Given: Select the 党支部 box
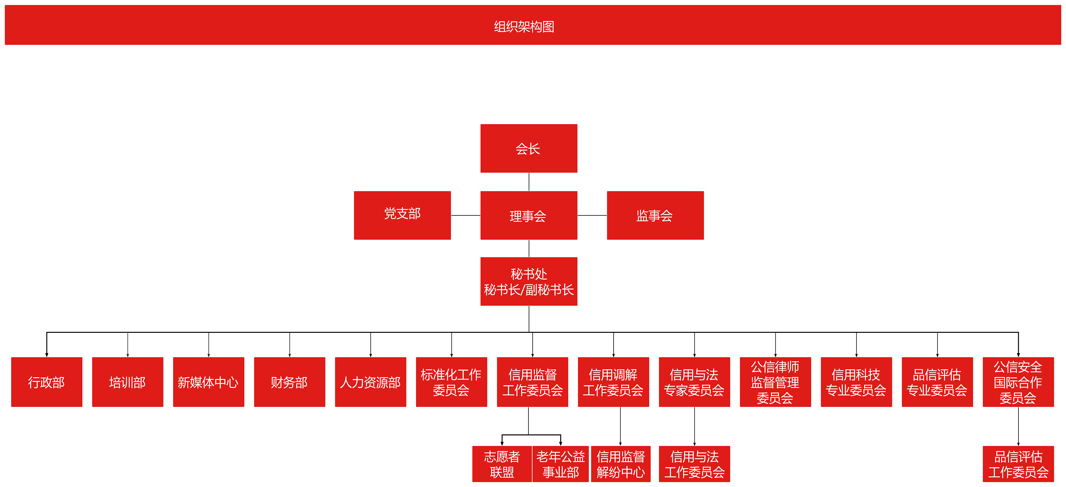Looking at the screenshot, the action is pos(402,215).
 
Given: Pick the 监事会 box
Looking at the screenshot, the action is pos(655,215).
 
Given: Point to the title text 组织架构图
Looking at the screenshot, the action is pos(524,27).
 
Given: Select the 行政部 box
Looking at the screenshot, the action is pos(47,382).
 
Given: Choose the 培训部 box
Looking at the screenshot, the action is pos(127,382).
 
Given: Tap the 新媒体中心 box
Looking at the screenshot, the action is pos(208,382).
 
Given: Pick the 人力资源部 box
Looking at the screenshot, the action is pos(370,382).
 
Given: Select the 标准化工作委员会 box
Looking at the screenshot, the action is pos(452,382).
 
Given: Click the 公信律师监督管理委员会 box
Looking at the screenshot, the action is pos(775,382).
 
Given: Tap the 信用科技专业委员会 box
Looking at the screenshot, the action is pos(856,382).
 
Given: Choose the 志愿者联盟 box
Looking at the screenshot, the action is pos(502,464).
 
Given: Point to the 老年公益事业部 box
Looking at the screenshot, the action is pos(561,464).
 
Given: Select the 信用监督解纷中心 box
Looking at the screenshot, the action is pos(621,464).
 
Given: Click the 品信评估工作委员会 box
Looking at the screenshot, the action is pos(1018,464).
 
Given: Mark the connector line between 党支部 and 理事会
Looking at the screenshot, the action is pos(466,215).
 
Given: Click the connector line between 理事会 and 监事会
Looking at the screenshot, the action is pos(592,215).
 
